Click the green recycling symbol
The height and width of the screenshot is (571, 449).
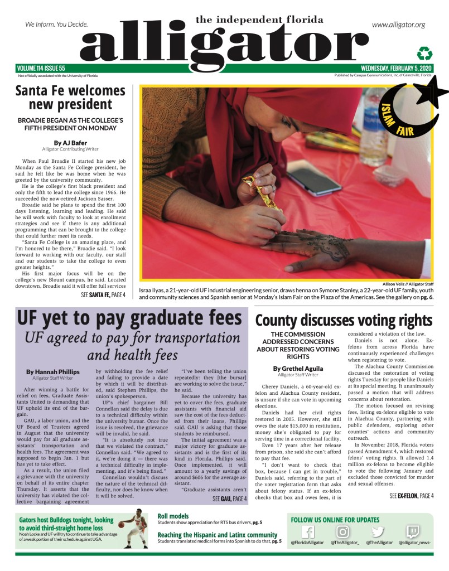[x=425, y=54]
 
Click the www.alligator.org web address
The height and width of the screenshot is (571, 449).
[x=398, y=25]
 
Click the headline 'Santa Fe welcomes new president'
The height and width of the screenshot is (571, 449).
[x=70, y=97]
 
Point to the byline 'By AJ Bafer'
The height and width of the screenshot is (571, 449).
[x=70, y=143]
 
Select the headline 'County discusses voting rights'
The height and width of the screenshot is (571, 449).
[x=344, y=321]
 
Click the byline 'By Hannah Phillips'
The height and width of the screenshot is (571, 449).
[x=53, y=371]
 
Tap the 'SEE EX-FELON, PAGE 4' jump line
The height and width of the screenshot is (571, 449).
[x=411, y=480]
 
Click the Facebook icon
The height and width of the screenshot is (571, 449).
[x=307, y=532]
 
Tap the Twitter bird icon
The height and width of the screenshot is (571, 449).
[x=378, y=532]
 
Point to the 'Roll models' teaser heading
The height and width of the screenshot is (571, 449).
[x=173, y=516]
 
